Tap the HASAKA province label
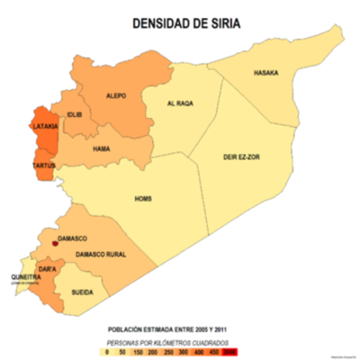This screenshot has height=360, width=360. point(265,73)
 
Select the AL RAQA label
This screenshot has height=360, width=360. point(181,103)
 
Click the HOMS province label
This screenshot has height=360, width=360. point(142,198)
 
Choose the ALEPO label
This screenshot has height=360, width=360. point(116,94)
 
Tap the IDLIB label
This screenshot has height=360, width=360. point(74,115)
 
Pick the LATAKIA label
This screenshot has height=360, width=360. point(46,127)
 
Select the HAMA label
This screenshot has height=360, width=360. point(101,148)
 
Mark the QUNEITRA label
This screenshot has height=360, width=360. point(23,277)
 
